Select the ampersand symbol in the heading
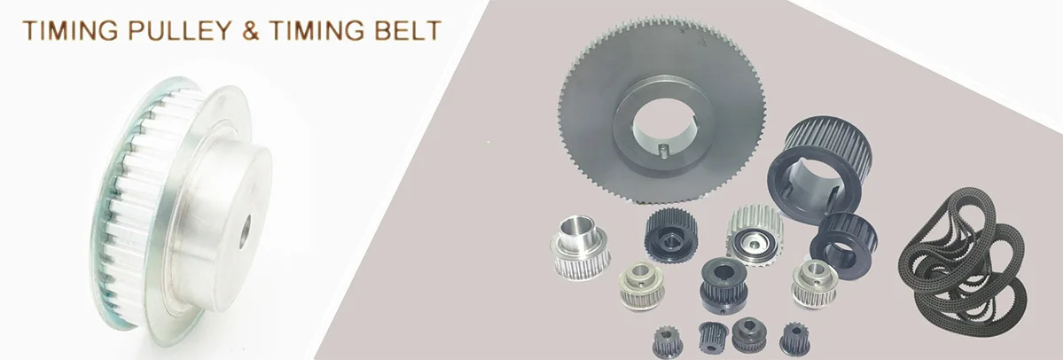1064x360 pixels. coord(251,30)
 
